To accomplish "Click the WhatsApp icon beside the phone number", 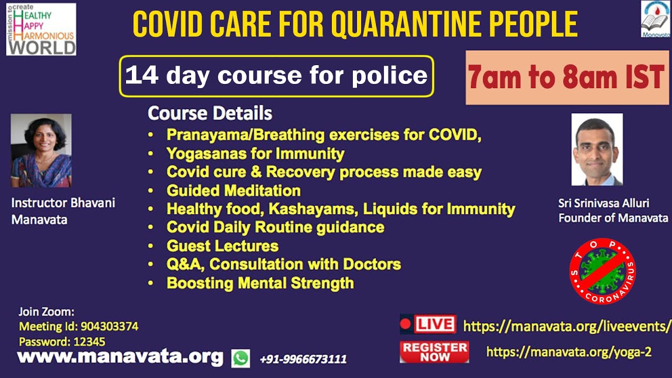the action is tap(240, 358).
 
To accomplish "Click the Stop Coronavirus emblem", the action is tap(602, 271).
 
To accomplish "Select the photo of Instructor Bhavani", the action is tap(41, 151).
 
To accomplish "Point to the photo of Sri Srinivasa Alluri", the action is tap(597, 150).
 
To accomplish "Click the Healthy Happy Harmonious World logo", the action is tap(41, 29).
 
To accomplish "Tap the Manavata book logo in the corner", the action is tap(656, 19).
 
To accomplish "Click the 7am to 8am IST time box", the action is tap(567, 77).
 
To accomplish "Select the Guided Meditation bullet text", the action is tap(234, 191).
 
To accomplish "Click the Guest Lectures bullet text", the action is tap(223, 246).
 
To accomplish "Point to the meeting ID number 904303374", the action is tap(110, 327).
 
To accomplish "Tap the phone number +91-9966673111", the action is tap(303, 359).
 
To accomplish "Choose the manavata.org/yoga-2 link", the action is tap(569, 352).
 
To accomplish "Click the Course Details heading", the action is tap(209, 113).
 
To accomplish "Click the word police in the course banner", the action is tap(390, 75).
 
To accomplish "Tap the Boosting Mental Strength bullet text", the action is tap(260, 283).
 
